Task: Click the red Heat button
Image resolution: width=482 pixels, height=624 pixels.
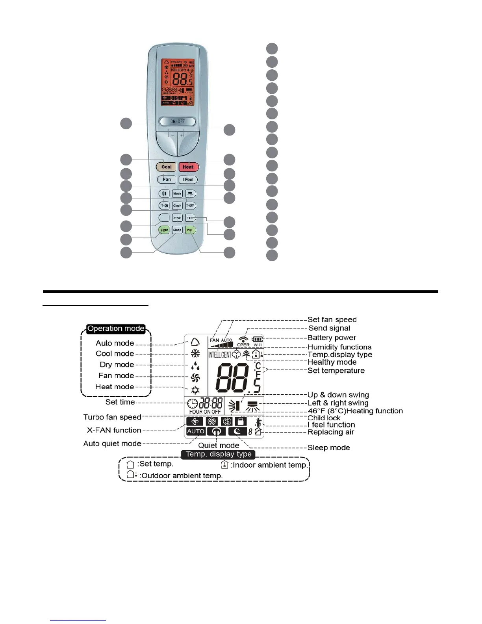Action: [x=188, y=167]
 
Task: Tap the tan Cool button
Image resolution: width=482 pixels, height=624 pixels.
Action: [x=166, y=167]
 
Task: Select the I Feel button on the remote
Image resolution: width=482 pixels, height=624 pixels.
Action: [x=188, y=180]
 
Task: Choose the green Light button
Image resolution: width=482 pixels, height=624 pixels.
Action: [x=164, y=230]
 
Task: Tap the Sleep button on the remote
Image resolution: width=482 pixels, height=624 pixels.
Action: [x=177, y=230]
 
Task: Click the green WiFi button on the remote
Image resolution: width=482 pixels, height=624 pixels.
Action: [x=190, y=230]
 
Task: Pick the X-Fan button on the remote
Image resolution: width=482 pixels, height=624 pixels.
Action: [x=177, y=218]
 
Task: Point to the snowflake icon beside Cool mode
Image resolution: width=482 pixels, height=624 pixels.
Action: [x=195, y=353]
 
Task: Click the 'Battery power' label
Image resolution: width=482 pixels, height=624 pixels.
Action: [x=332, y=338]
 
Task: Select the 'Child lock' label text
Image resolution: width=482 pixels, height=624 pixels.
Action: [x=324, y=418]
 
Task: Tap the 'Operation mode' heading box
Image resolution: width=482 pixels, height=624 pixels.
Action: [x=116, y=329]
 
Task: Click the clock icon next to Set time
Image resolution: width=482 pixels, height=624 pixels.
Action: [x=193, y=404]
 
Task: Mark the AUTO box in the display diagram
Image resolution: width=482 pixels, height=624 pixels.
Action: [x=196, y=431]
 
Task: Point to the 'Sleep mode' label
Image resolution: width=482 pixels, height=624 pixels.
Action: [x=328, y=448]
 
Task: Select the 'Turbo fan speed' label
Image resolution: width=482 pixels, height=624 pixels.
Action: [x=112, y=417]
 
